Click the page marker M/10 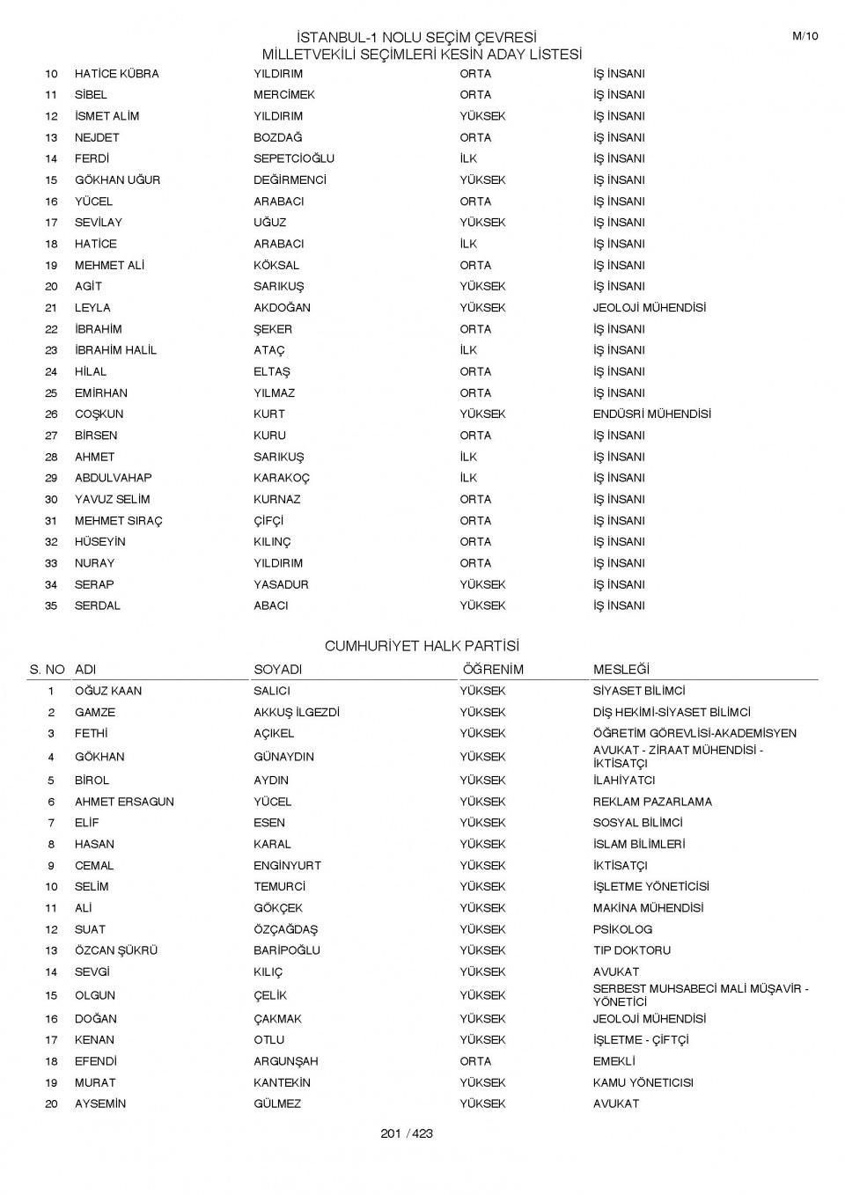(805, 36)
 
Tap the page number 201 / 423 (407, 1133)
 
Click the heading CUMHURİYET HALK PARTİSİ (422, 646)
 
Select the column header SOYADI (277, 670)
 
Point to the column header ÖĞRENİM (492, 670)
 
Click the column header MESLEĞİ (621, 670)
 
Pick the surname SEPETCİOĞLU (294, 158)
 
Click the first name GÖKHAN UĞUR (117, 180)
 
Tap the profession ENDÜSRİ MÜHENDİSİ (651, 414)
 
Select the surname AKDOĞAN (282, 308)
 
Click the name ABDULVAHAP (113, 478)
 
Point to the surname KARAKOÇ (282, 478)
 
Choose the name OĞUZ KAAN (108, 691)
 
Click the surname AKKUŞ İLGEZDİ (297, 713)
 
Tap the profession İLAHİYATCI (623, 781)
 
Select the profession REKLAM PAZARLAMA (652, 802)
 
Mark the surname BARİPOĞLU (287, 950)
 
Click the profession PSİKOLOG (622, 929)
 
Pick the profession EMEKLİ (614, 1061)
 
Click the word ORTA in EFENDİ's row (475, 1061)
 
